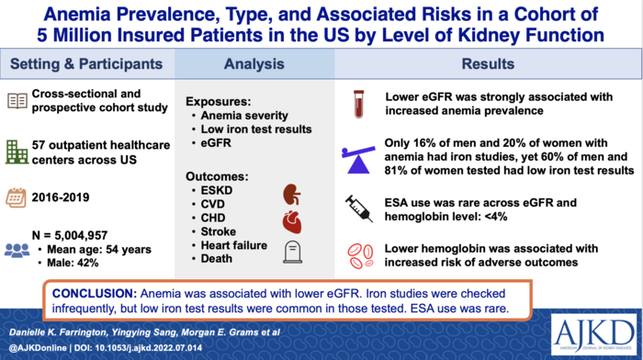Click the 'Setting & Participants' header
[x=87, y=66]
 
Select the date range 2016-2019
[x=70, y=196]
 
